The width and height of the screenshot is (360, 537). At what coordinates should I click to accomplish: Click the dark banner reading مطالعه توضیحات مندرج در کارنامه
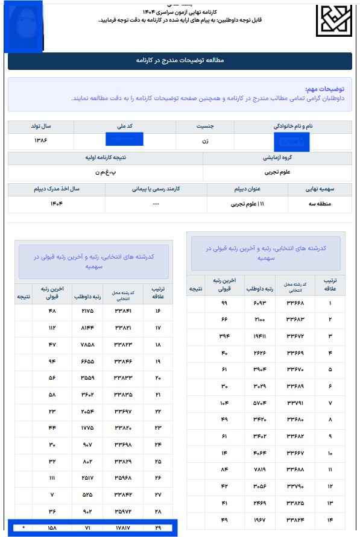180,61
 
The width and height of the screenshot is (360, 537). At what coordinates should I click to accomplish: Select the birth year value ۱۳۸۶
41,140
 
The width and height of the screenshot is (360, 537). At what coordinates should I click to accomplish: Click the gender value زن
204,140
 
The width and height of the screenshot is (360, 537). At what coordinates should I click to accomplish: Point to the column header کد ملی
124,127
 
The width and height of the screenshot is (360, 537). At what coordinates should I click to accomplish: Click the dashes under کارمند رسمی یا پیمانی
156,204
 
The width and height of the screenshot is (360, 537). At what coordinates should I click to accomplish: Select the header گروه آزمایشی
277,159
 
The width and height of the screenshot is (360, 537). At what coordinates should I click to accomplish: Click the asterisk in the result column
24,529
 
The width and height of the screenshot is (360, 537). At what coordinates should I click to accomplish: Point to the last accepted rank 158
52,529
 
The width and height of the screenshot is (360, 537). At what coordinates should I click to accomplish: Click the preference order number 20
158,377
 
